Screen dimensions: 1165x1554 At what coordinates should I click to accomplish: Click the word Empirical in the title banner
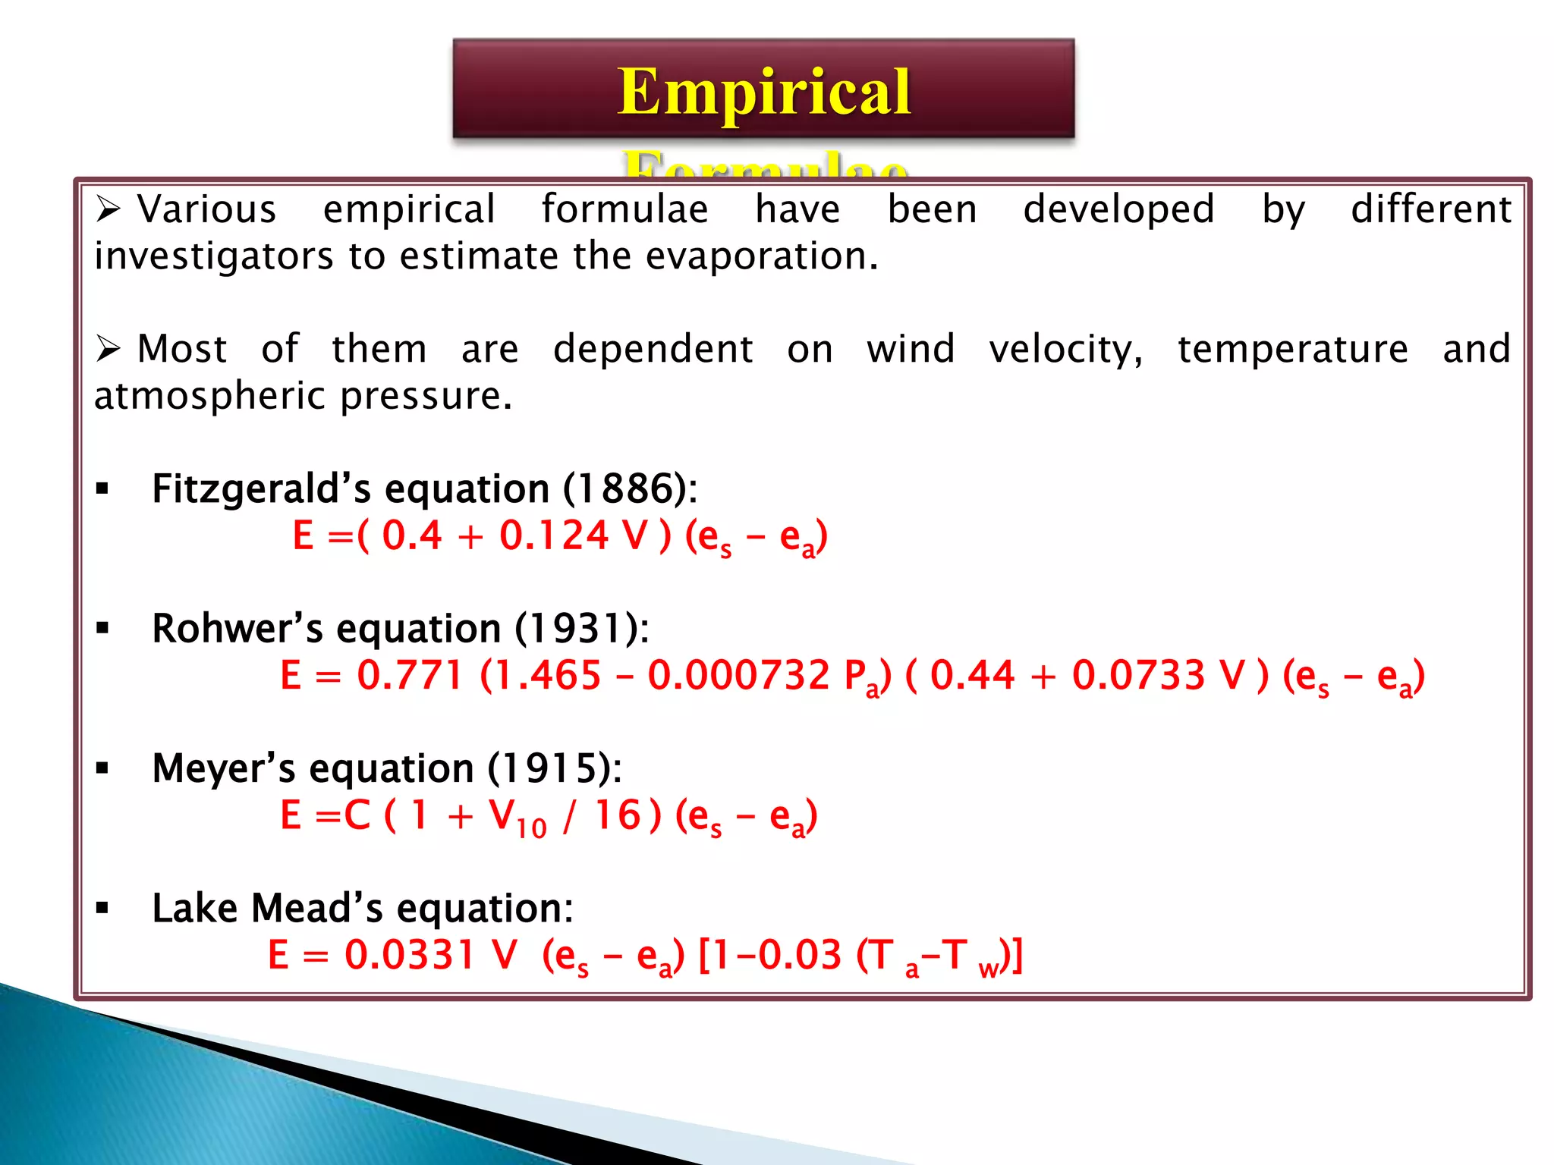pos(763,92)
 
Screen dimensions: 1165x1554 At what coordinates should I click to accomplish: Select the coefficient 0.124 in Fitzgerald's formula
pos(554,535)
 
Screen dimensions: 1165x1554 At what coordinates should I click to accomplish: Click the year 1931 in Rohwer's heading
pos(581,629)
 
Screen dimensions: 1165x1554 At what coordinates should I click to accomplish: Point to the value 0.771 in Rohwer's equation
pos(410,675)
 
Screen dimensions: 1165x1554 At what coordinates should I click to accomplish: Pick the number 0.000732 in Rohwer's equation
pos(739,675)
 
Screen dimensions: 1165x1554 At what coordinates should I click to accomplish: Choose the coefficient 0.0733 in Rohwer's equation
pos(1138,675)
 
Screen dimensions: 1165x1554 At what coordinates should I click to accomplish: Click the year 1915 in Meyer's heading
pos(554,768)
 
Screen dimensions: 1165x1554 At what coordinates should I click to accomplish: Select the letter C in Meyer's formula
pos(357,815)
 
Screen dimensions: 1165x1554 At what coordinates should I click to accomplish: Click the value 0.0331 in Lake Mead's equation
pos(410,955)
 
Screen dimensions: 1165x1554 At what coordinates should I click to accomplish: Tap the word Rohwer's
pos(238,629)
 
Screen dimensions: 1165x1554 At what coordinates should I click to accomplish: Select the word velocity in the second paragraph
pos(1065,350)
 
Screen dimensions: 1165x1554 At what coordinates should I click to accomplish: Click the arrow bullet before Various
pos(109,209)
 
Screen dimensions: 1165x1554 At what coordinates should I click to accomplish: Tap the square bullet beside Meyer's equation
pos(102,768)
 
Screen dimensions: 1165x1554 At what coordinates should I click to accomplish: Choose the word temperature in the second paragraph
pos(1292,350)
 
